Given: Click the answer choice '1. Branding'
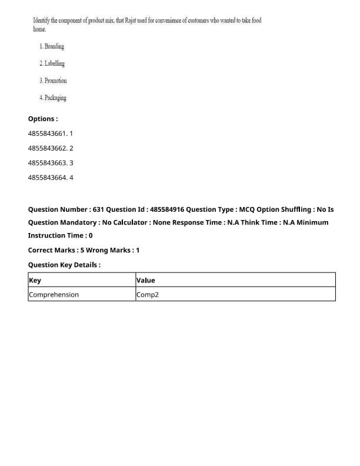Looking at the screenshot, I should tap(52, 46).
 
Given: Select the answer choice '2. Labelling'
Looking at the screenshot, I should tap(52, 64).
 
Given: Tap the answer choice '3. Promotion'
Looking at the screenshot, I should tap(53, 81).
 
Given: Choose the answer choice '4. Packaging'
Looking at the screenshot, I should tap(53, 98).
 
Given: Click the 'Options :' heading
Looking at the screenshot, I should tap(43, 119).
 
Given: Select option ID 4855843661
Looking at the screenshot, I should tap(47, 134).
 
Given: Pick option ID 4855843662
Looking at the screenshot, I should tap(47, 148).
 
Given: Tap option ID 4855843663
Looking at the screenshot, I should tap(47, 162).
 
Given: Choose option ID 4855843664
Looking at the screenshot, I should tap(47, 177).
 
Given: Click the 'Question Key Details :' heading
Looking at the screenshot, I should tap(64, 265).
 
